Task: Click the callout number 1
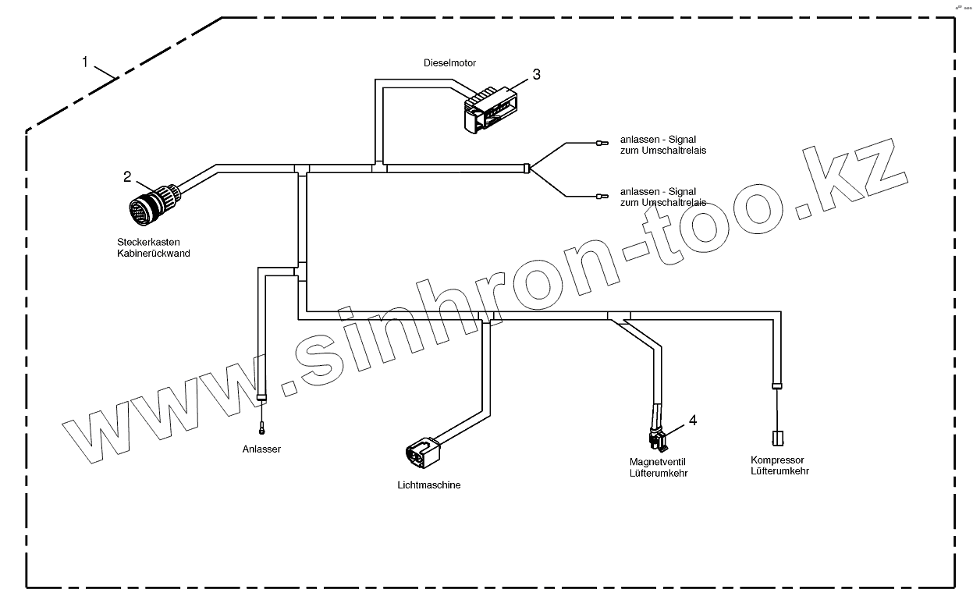(85, 62)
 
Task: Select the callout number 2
(127, 176)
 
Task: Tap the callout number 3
(536, 74)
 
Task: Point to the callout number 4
(692, 421)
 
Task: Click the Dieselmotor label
(449, 62)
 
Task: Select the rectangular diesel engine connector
(489, 110)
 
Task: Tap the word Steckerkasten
(143, 243)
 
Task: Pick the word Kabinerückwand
(153, 253)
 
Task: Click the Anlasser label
(261, 449)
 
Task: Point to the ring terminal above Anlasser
(263, 427)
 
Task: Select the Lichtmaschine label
(429, 485)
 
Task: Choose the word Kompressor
(777, 460)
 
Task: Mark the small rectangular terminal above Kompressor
(777, 438)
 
